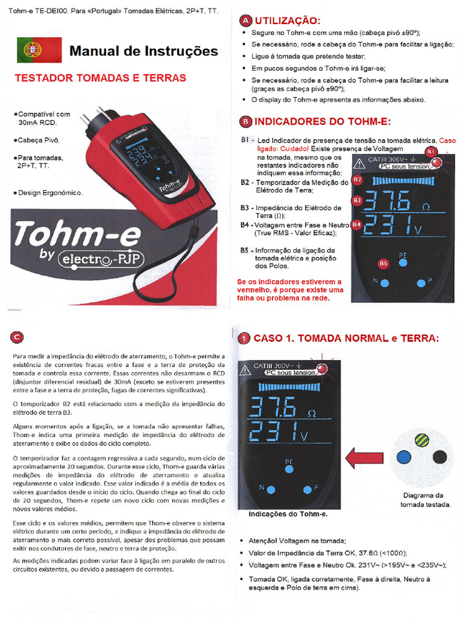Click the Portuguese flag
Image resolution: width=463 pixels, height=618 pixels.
(x=39, y=50)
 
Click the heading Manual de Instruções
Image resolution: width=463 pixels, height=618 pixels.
(x=143, y=51)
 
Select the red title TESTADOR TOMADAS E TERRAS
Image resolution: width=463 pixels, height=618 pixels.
(x=100, y=78)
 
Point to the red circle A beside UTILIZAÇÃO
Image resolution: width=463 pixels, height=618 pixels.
(x=245, y=21)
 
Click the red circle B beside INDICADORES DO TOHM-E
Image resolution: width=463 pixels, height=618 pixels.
(x=245, y=121)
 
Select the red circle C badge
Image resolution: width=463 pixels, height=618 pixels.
(x=18, y=337)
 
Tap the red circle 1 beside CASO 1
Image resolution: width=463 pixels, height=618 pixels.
(x=244, y=338)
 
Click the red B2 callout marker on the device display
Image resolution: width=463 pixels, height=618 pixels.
(x=357, y=179)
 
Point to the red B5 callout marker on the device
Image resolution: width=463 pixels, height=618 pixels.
(x=383, y=263)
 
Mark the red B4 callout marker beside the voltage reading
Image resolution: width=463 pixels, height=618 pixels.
(x=357, y=225)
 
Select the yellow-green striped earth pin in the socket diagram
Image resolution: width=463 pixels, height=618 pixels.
(x=423, y=440)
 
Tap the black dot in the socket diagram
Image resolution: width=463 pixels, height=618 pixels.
(x=440, y=457)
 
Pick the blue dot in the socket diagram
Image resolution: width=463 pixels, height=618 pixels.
(x=405, y=457)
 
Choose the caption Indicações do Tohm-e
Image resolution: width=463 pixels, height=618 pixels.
(x=288, y=514)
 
